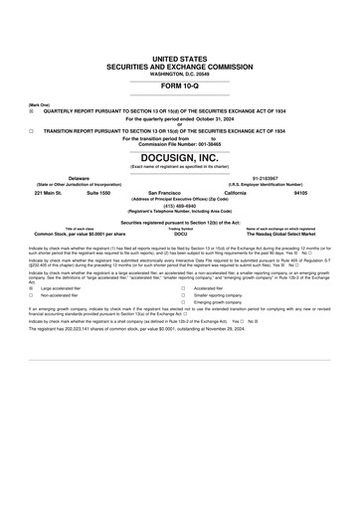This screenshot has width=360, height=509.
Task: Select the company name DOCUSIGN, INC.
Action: pos(180,158)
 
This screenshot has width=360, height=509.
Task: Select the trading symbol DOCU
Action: pos(180,234)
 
